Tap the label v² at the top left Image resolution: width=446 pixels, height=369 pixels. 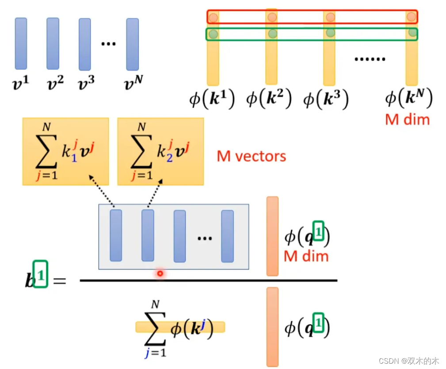[x=55, y=82]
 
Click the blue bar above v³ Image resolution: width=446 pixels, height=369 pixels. [x=85, y=44]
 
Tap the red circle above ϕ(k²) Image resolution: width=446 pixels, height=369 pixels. [x=272, y=18]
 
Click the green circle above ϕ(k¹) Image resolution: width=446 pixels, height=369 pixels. [x=213, y=34]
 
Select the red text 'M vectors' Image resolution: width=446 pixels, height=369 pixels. [x=251, y=156]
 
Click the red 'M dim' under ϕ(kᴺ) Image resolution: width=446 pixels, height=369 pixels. [x=407, y=119]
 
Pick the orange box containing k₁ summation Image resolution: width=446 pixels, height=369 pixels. [x=65, y=151]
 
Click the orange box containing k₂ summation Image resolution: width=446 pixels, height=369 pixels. [x=160, y=151]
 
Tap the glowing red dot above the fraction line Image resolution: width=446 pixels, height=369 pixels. [x=160, y=273]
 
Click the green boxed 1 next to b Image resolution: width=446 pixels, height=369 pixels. [x=40, y=276]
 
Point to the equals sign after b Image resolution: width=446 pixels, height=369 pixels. [x=59, y=281]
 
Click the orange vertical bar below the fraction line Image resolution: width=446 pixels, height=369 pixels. [x=272, y=327]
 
